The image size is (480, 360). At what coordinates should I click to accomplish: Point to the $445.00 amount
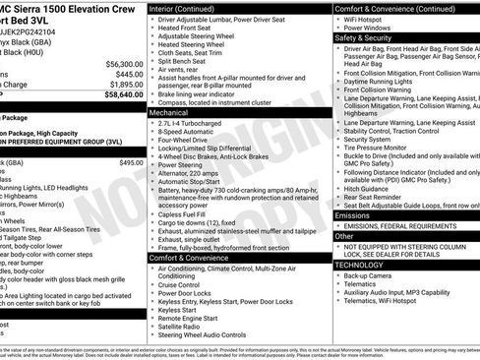coord(127,73)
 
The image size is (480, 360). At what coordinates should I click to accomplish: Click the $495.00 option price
coord(131,162)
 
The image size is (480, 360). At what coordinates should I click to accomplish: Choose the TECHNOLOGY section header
coord(359,265)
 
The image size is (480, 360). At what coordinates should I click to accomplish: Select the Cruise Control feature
coord(184,283)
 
